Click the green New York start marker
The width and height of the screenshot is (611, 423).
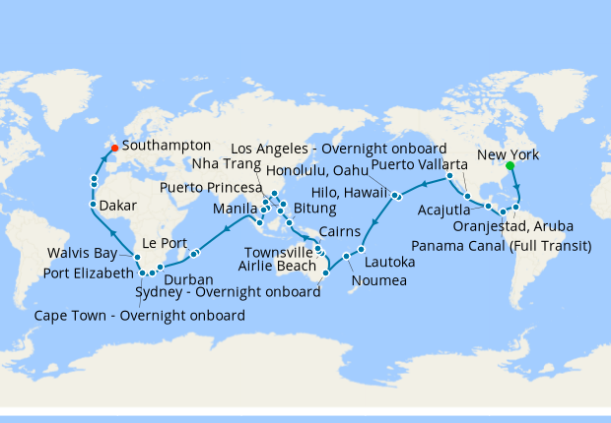tap(509, 166)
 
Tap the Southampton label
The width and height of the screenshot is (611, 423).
tap(168, 145)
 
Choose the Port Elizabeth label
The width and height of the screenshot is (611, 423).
tap(86, 272)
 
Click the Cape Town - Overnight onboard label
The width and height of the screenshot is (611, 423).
tap(139, 316)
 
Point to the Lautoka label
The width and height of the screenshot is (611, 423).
tap(391, 263)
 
